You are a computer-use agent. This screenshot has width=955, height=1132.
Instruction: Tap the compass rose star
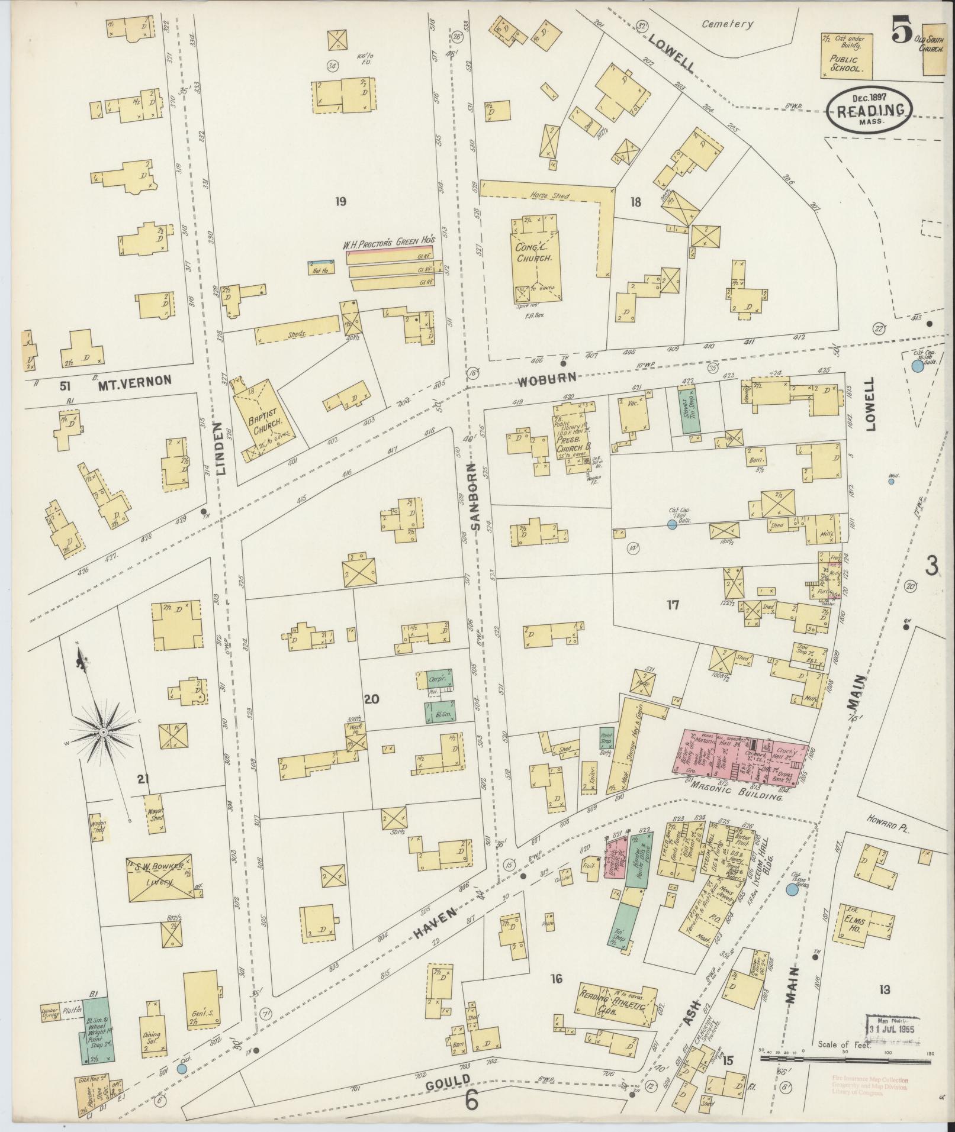[104, 733]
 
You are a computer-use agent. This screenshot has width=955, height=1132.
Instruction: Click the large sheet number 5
[901, 34]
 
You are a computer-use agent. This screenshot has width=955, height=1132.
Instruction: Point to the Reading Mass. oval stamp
[870, 110]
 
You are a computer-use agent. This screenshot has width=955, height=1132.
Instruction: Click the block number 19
[340, 201]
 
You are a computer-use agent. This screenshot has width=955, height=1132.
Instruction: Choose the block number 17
[672, 605]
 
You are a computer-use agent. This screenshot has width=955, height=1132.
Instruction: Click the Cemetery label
[727, 24]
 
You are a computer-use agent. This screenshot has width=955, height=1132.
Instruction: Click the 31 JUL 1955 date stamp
[892, 1028]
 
